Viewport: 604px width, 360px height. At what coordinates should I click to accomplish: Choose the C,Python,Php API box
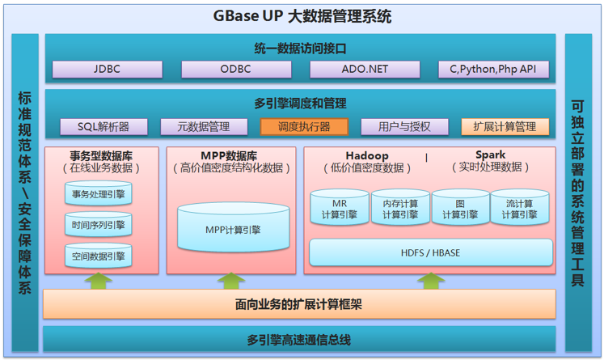[x=493, y=70]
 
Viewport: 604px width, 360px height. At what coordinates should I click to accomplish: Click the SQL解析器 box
[x=103, y=126]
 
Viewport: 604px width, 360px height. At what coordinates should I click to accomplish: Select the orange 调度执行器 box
[x=304, y=126]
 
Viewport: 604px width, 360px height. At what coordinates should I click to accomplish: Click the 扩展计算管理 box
[x=505, y=126]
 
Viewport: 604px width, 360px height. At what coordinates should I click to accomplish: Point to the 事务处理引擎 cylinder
[x=98, y=193]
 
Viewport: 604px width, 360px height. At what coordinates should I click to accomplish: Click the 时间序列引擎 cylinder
[x=98, y=225]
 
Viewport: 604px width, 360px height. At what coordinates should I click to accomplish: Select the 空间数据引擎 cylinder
[x=98, y=256]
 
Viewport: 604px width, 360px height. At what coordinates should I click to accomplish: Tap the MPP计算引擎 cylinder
[x=233, y=228]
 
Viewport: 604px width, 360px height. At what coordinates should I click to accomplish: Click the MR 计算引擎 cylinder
[x=340, y=209]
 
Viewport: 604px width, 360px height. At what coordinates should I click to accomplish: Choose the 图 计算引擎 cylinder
[x=460, y=209]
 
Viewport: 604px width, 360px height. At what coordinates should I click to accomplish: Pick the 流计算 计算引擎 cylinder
[x=519, y=209]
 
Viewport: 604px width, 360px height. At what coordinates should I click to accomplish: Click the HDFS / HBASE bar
[x=430, y=252]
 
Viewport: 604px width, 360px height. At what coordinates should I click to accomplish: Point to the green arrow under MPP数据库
[x=231, y=281]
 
